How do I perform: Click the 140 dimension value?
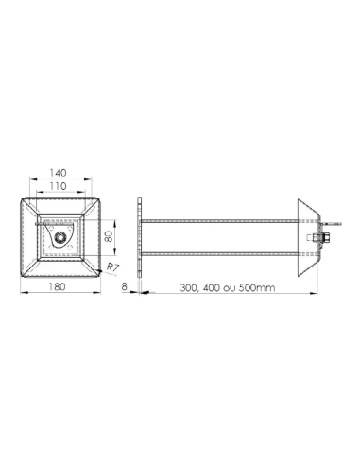[60, 174]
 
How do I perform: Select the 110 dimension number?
[60, 188]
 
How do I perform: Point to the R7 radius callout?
[113, 268]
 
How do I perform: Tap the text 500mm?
[259, 286]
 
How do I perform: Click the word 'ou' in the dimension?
[238, 286]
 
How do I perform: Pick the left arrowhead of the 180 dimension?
[23, 292]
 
